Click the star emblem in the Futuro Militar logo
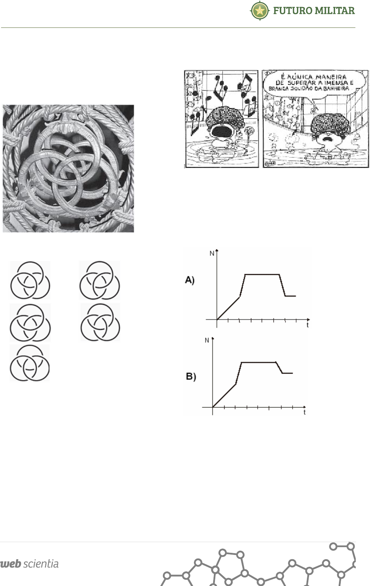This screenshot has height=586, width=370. pos(260,11)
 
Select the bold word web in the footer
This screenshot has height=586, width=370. pos(11,564)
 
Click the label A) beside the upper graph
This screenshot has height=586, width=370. pos(190,280)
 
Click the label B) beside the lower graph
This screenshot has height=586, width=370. pos(191,376)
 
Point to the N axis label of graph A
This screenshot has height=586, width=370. pos(212,253)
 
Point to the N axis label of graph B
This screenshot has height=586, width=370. pos(207,340)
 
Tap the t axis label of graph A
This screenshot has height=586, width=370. pos(307,325)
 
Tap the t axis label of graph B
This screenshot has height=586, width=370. pos(304,413)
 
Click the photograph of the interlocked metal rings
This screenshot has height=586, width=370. pos(68,168)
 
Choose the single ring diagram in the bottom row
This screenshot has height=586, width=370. pos(30,363)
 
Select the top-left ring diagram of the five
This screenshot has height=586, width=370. pos(30,280)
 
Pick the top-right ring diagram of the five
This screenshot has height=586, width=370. pos(100,280)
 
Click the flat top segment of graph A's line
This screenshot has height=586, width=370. pos(262,274)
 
